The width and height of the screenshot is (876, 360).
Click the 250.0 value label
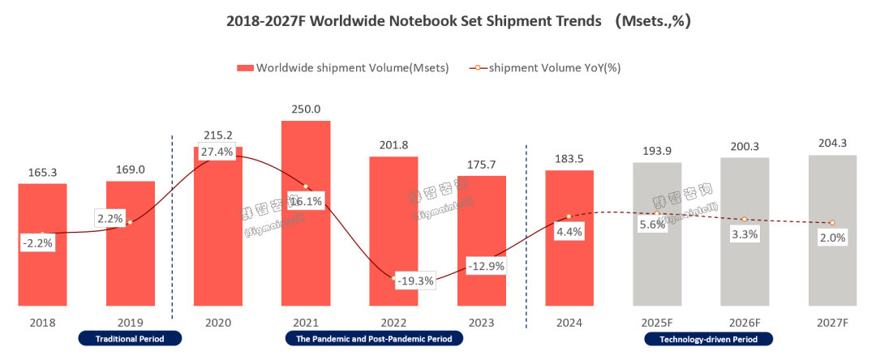[x=306, y=109]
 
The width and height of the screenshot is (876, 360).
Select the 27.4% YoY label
[x=218, y=152]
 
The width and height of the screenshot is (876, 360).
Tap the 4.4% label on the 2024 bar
[x=569, y=231]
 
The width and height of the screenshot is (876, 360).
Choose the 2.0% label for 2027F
[x=832, y=238]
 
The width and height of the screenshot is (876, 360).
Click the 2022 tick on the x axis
[x=393, y=322]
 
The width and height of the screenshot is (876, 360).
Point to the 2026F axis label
[x=745, y=322]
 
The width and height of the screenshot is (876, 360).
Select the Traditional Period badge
[x=130, y=338]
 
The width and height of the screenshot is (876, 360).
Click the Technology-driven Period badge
[x=709, y=338]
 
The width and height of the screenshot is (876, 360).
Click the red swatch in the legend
[x=244, y=68]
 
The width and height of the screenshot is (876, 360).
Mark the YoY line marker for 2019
[x=130, y=222]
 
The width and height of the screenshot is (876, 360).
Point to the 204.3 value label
[x=832, y=144]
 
